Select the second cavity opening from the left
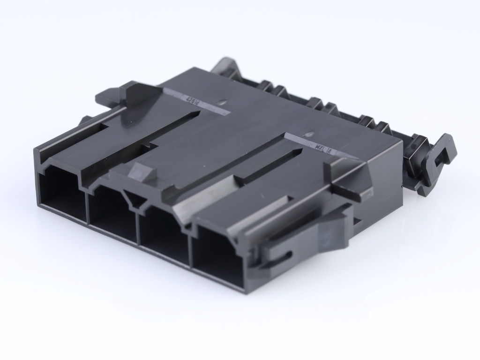112,211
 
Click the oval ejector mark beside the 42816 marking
222,100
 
